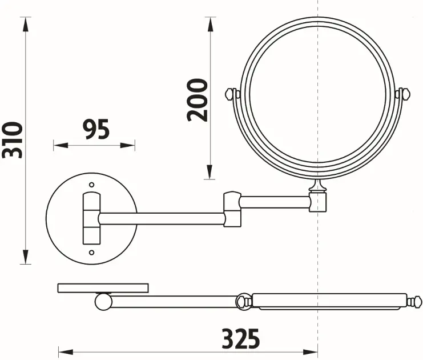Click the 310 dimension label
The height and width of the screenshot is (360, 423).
click(13, 140)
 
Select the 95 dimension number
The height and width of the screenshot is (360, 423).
click(96, 130)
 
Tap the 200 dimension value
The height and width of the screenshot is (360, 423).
click(198, 100)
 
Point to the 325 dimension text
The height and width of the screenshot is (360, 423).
click(241, 339)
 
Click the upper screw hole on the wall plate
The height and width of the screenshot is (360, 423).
click(92, 185)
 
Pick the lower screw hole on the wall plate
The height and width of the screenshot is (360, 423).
click(92, 253)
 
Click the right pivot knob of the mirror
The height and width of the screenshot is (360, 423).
click(404, 94)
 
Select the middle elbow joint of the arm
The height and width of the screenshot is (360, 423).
click(232, 209)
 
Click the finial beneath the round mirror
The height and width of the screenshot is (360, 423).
click(317, 186)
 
